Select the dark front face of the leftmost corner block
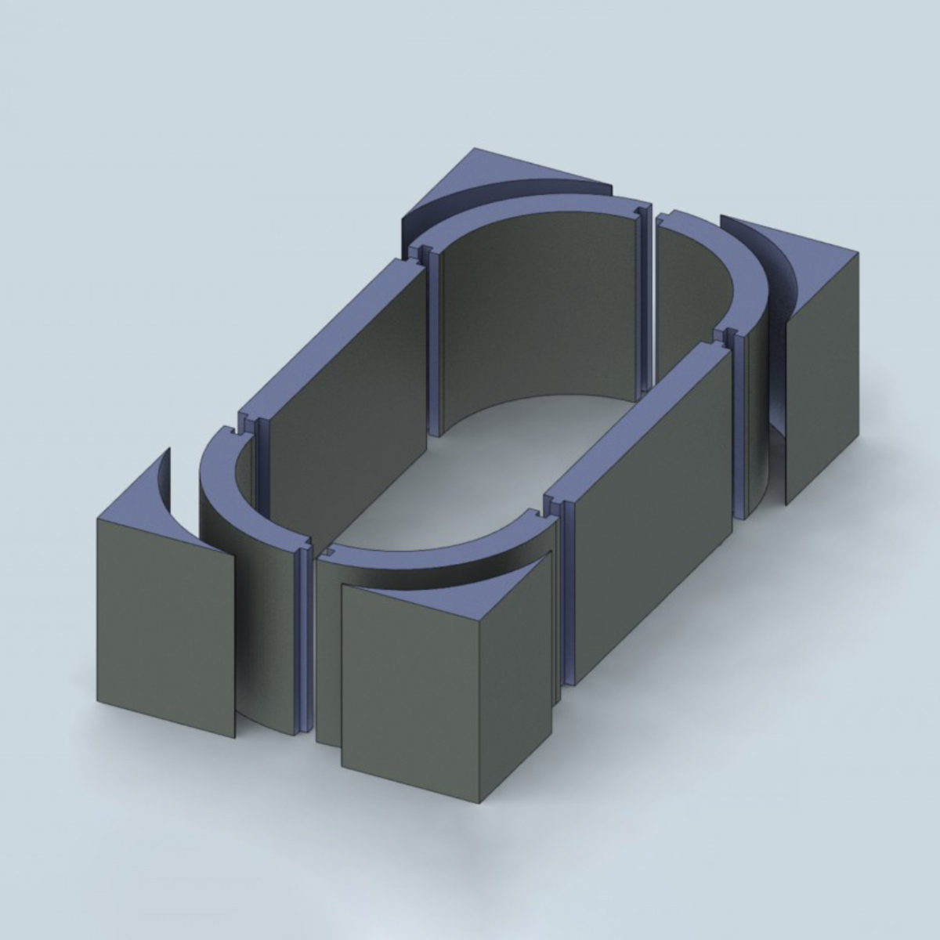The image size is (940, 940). pyautogui.click(x=164, y=627)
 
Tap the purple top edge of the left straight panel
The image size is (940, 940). pyautogui.click(x=329, y=337)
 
